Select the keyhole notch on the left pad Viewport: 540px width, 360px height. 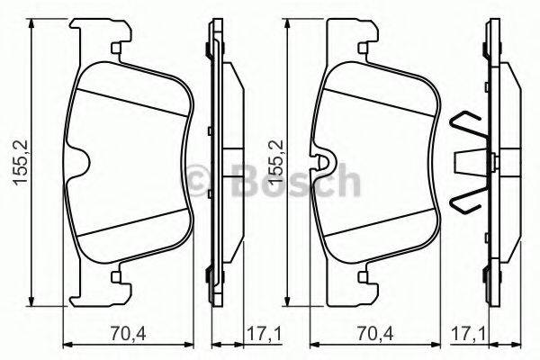pyautogui.click(x=78, y=165)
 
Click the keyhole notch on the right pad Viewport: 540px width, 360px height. pyautogui.click(x=326, y=165)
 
